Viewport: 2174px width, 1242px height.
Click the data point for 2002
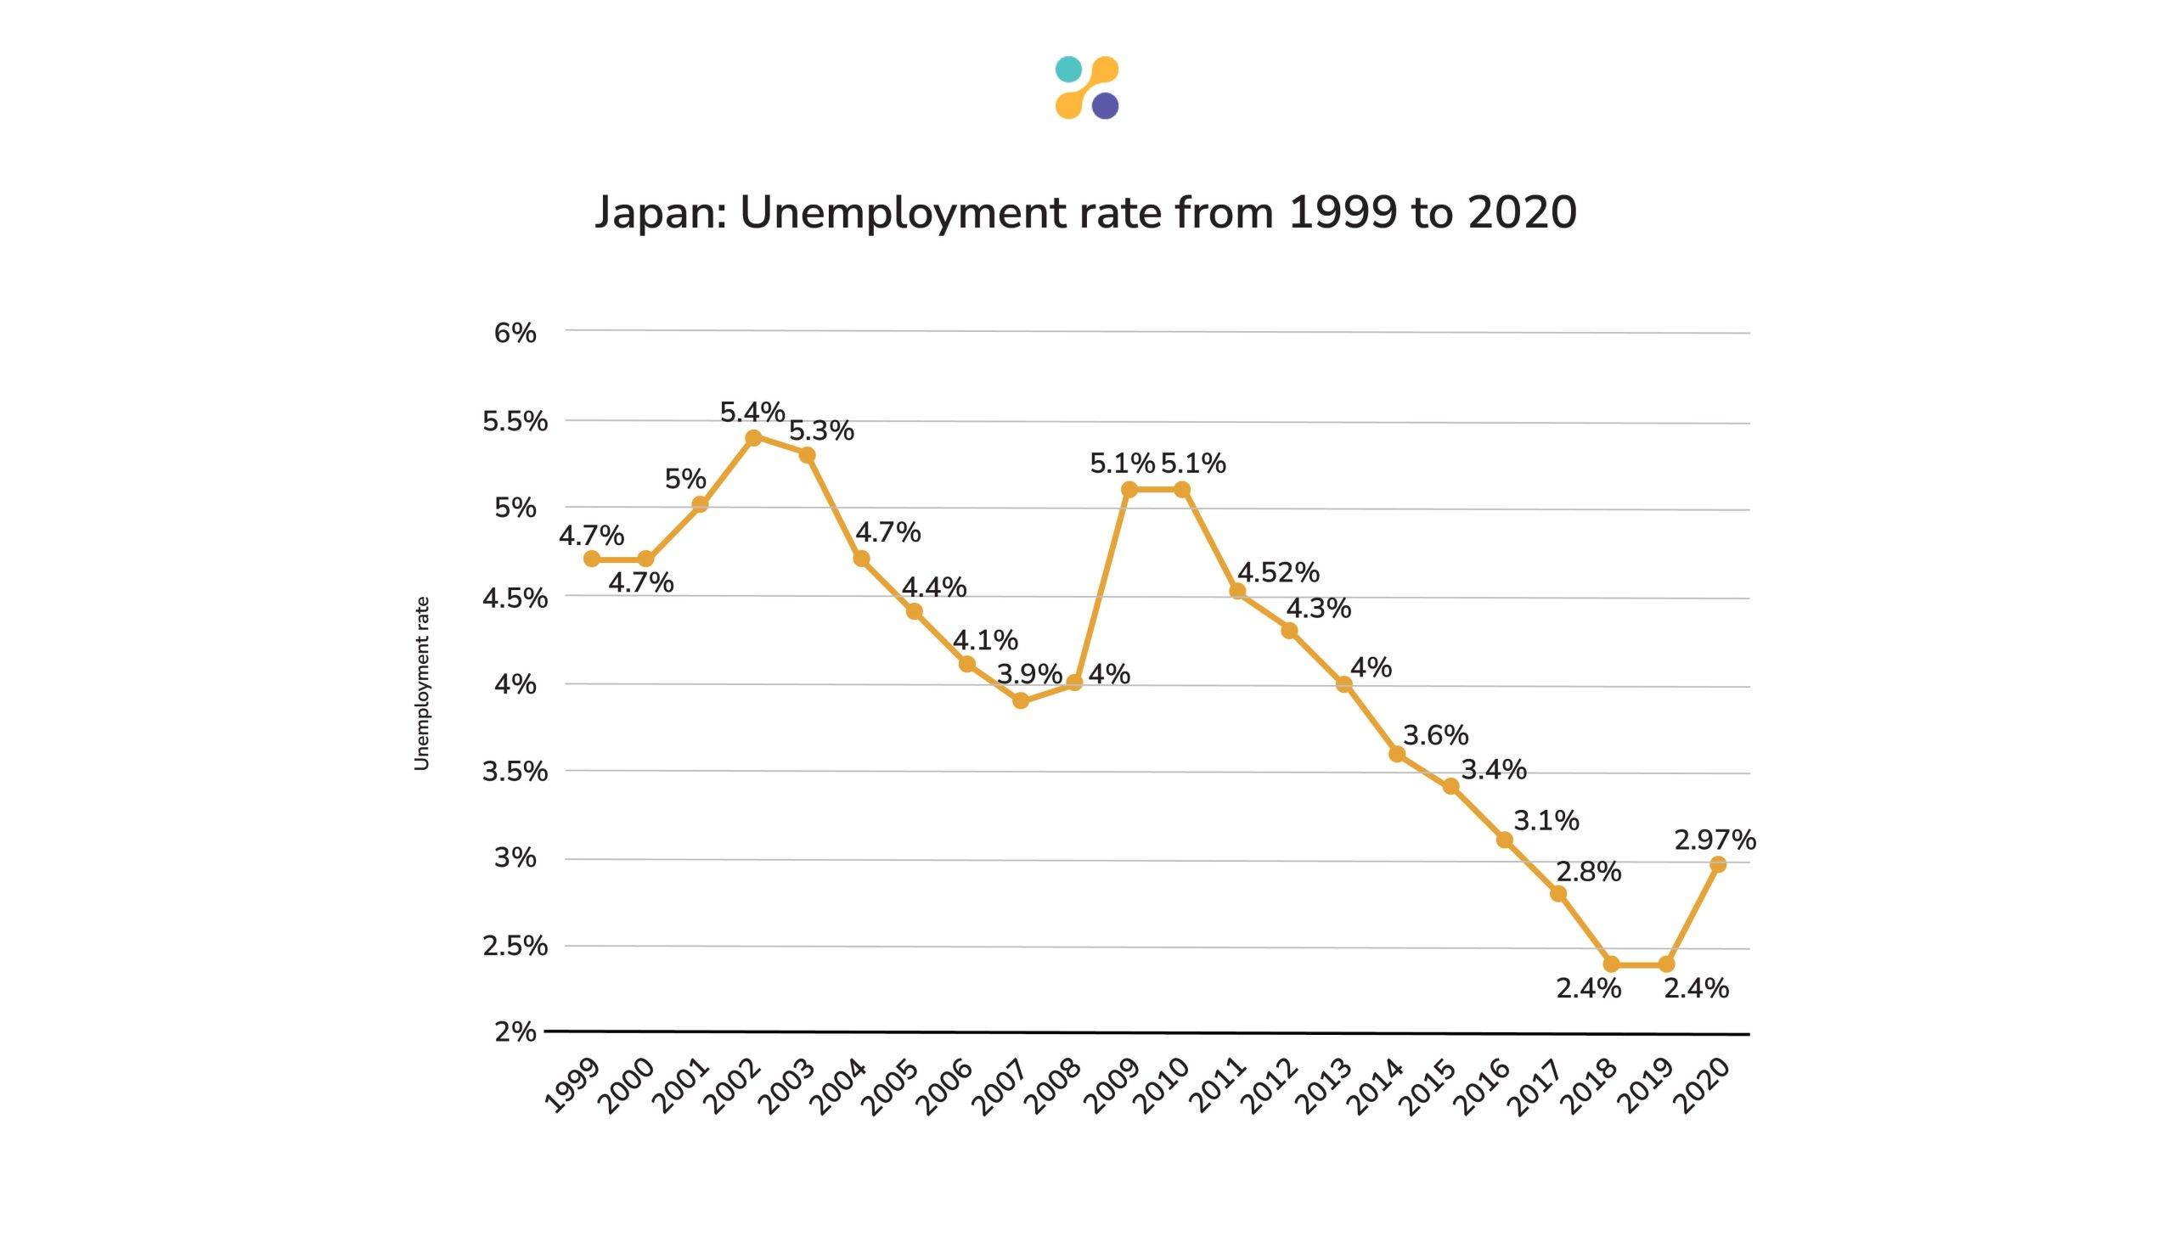click(x=753, y=437)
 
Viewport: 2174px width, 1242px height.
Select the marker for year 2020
click(x=1718, y=864)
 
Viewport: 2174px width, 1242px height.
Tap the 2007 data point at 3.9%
click(x=1021, y=700)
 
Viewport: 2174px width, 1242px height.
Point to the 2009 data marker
click(x=1129, y=489)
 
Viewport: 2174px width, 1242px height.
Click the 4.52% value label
click(x=1278, y=571)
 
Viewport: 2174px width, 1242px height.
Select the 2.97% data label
click(x=1715, y=840)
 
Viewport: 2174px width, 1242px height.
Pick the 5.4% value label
click(x=752, y=412)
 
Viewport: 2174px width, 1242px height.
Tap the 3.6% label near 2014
click(x=1436, y=734)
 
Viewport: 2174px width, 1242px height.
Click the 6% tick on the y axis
click(x=515, y=333)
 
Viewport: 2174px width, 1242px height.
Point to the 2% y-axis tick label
click(x=515, y=1031)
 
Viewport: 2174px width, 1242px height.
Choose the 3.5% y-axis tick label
click(x=515, y=771)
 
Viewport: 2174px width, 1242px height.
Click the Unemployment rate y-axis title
click(x=421, y=683)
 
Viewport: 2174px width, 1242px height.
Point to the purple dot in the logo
click(x=1105, y=105)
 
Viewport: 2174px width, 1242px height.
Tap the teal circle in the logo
click(x=1068, y=68)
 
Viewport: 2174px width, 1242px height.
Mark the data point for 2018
click(x=1611, y=964)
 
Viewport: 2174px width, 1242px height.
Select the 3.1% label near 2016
click(x=1546, y=820)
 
